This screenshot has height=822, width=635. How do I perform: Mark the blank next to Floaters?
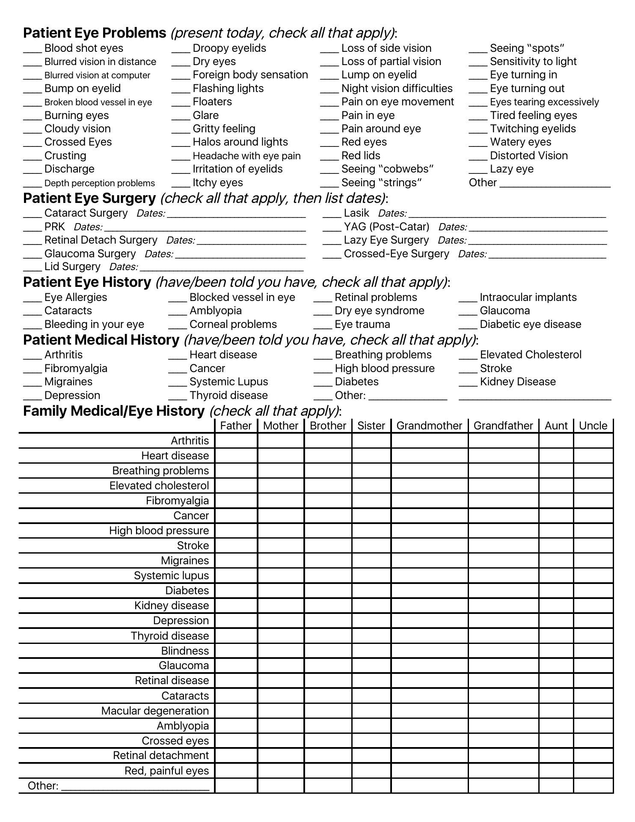tap(181, 103)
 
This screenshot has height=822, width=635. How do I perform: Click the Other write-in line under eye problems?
tap(555, 185)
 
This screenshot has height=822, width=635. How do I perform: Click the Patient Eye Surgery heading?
tap(89, 198)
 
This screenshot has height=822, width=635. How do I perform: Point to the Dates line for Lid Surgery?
tap(222, 268)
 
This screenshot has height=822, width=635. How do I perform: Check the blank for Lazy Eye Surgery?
tap(332, 241)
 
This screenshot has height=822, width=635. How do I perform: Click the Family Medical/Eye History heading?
tap(114, 411)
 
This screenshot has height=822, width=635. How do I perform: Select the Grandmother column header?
tap(429, 426)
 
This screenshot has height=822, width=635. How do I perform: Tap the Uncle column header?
tap(593, 426)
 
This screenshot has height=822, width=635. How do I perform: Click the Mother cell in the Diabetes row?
tap(281, 591)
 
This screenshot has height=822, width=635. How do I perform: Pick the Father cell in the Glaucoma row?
tap(236, 666)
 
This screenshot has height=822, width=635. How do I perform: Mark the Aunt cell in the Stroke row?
tap(556, 546)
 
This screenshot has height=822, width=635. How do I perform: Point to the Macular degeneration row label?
tap(155, 711)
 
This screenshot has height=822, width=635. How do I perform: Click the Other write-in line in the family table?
tap(135, 787)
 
